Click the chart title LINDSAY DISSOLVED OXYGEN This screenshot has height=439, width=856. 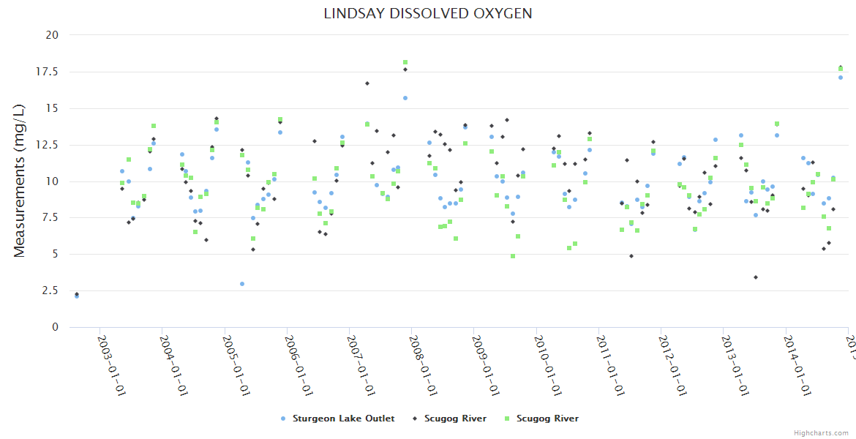[428, 14]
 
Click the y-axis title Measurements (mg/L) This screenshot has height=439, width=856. [20, 180]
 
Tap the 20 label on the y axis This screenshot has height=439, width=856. [53, 35]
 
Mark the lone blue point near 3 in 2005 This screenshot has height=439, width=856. [242, 284]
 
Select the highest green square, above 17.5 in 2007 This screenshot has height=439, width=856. [405, 62]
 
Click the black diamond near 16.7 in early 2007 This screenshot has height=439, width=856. [367, 83]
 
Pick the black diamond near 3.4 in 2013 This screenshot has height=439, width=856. [756, 277]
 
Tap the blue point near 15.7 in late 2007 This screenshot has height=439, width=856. [405, 98]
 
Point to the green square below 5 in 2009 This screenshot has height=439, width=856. [513, 256]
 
